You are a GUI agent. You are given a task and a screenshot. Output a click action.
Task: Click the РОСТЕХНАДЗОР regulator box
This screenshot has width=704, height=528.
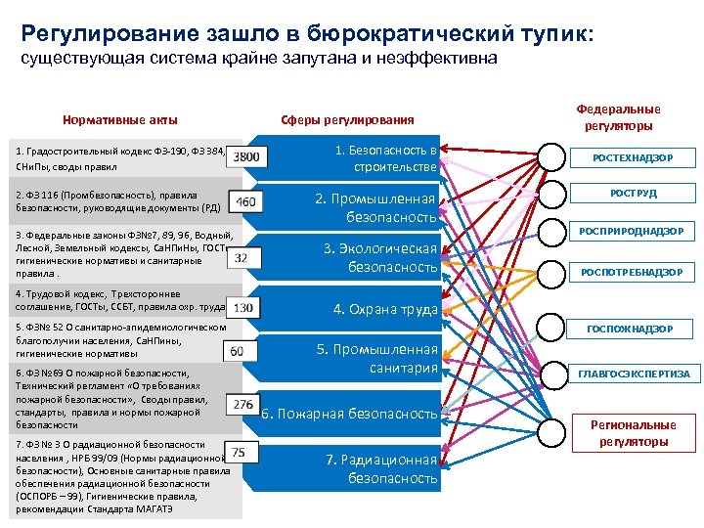tap(633, 157)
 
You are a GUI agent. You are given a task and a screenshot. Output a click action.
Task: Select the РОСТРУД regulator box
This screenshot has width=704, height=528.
tap(633, 194)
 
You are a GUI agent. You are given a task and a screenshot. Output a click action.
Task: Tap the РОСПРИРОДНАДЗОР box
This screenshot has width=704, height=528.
tap(633, 232)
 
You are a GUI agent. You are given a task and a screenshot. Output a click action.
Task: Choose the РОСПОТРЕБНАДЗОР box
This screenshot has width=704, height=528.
tap(633, 273)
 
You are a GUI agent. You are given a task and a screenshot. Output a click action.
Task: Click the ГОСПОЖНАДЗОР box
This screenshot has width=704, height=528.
tap(633, 330)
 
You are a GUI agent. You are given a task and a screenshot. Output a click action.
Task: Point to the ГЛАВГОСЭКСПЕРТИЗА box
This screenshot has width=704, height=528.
tap(633, 374)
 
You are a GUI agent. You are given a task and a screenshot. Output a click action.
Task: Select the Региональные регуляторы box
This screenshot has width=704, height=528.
tap(633, 433)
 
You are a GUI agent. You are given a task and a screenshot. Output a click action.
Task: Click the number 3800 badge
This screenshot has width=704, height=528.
tap(247, 156)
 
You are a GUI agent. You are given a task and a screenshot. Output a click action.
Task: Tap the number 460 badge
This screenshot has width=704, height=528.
tap(246, 202)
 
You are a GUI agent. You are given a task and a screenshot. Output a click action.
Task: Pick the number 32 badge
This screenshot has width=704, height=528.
tap(242, 257)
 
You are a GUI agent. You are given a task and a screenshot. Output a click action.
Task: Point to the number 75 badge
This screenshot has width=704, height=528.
tap(240, 451)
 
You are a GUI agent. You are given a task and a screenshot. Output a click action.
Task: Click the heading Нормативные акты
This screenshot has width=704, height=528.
tap(120, 120)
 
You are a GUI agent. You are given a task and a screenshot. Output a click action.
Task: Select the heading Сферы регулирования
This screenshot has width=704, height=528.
tap(347, 120)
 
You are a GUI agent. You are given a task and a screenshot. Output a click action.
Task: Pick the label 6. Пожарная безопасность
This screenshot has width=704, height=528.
tap(349, 414)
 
